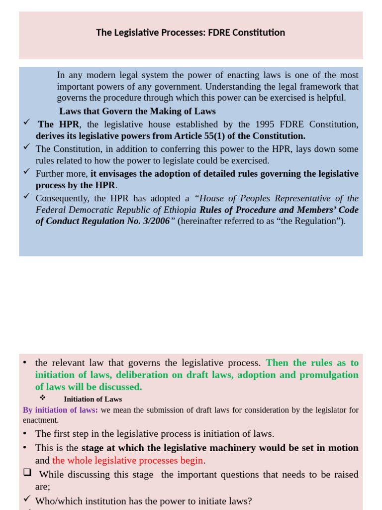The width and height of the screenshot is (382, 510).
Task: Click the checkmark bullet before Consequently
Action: point(27,196)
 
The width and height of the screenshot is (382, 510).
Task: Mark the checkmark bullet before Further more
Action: point(27,171)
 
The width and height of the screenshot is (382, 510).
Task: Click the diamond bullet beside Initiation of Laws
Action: point(43,398)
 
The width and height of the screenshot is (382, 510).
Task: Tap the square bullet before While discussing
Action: point(27,473)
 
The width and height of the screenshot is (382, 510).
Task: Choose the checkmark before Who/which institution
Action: point(27,498)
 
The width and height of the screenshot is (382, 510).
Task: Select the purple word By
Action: point(28,410)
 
